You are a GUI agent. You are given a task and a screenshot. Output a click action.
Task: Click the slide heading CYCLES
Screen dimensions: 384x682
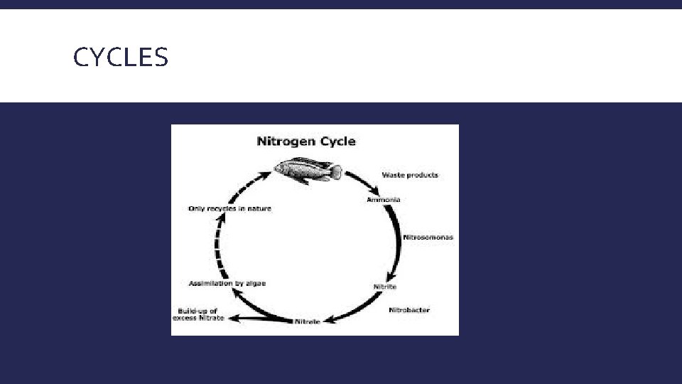coord(121,57)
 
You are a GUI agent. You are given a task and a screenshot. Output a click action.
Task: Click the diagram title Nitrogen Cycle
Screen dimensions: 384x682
coord(305,141)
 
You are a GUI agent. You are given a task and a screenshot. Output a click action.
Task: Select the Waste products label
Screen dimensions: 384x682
coord(410,175)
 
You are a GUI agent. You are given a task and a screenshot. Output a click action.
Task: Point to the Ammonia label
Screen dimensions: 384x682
coord(383,200)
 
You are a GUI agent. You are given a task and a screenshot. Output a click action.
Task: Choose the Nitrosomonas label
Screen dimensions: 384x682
coord(428,237)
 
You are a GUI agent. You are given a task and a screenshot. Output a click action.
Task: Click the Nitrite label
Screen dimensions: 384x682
coord(385,287)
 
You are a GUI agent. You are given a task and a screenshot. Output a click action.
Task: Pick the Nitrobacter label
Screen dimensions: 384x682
coord(409,310)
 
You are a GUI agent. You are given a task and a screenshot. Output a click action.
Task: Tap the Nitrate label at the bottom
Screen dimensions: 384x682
coord(307,322)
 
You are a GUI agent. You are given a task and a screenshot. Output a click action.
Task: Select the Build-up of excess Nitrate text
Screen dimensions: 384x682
coord(200,314)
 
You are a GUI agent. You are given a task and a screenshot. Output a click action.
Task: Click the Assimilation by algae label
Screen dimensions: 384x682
coord(227,283)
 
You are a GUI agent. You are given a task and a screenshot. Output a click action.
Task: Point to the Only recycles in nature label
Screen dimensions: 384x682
coord(229,208)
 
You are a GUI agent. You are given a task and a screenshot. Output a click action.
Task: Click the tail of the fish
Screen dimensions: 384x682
coord(335,171)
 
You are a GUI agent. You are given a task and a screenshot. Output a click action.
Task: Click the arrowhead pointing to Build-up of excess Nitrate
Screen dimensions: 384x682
coord(234,318)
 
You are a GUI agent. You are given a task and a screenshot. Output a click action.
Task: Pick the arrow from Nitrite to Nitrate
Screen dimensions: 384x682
coord(355,309)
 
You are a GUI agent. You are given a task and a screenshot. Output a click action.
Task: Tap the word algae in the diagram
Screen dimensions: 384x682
coord(255,283)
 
